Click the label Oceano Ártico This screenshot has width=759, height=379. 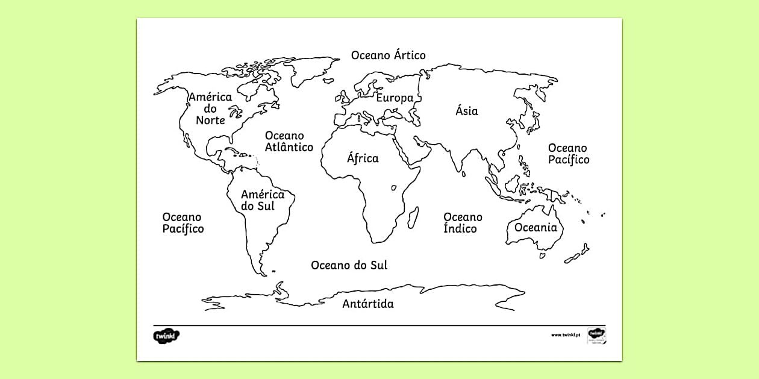coord(389,55)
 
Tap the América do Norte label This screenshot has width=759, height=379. coord(210,108)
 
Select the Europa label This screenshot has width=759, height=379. coord(395,98)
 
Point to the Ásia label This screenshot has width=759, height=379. coord(467,111)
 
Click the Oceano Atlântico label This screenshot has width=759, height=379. coord(289,142)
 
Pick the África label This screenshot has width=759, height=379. coord(363,158)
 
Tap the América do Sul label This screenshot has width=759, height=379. coord(262,200)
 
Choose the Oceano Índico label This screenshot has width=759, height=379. coord(463,222)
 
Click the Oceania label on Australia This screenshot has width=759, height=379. coord(536,228)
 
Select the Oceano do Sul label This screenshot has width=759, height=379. coord(349,265)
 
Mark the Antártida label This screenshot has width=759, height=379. coord(368,304)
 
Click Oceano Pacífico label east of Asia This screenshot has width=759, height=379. coord(568,154)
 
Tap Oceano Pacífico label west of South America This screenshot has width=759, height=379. coord(183,222)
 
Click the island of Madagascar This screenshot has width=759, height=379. coord(413,216)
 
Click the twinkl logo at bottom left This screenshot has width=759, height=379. coord(167,336)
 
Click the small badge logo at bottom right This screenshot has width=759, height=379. coord(596,335)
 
